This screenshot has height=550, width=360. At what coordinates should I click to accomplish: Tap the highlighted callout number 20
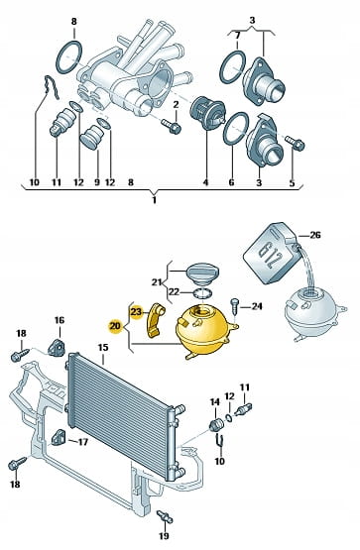(115, 326)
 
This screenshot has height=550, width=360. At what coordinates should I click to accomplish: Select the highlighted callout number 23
(136, 311)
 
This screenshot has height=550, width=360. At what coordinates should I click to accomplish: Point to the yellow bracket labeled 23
(156, 320)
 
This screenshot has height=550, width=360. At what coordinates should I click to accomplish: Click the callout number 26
(315, 235)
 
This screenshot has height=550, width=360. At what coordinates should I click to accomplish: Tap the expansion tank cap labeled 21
(202, 272)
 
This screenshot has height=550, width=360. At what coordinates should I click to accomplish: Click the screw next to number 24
(234, 306)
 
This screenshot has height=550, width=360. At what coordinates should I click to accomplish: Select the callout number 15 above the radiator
(103, 348)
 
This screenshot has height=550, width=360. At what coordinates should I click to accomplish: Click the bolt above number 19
(165, 516)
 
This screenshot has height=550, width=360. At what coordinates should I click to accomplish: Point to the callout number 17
(82, 442)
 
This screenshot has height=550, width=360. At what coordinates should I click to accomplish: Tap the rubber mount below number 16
(56, 348)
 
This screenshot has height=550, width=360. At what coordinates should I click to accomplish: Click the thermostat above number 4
(207, 112)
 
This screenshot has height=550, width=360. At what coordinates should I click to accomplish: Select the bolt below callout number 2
(172, 126)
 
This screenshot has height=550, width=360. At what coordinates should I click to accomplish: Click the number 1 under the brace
(154, 200)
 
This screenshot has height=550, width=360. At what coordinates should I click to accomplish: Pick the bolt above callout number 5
(295, 143)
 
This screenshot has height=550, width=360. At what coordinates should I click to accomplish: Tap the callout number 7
(237, 36)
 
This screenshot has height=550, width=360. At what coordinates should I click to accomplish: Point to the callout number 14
(215, 402)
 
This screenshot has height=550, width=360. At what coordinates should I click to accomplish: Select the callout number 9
(97, 182)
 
